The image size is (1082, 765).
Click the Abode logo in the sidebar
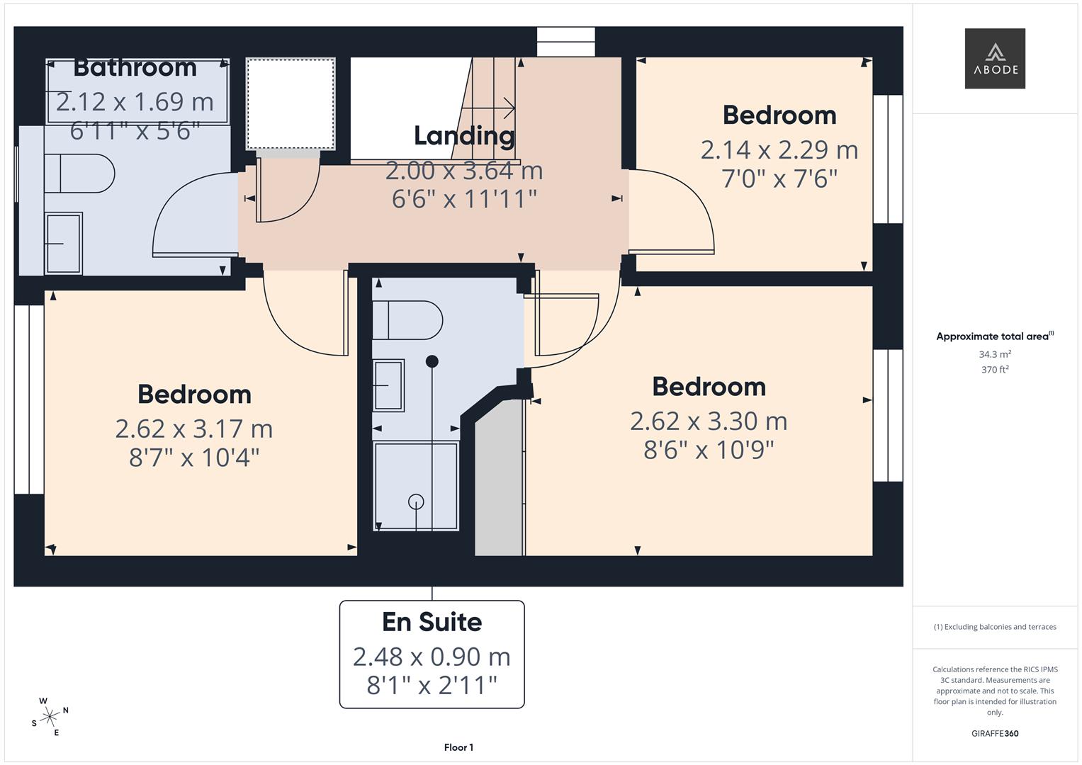coord(995,58)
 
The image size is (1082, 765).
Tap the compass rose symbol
coord(50,716)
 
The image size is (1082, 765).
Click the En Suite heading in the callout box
coord(432,622)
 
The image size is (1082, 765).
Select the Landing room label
coord(464,135)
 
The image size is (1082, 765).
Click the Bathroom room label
coord(135,67)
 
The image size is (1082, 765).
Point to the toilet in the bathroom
coord(79,174)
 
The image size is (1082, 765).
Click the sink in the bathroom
coord(63,243)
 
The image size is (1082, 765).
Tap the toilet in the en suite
coord(407,320)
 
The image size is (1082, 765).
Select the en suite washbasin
coord(388,385)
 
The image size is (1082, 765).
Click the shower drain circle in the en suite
coord(416,501)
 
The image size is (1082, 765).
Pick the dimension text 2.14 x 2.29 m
coord(779,150)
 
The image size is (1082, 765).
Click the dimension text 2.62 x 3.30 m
coord(709,421)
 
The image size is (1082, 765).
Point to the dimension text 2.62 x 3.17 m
coord(193,429)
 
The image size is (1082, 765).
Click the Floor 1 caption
coord(458,747)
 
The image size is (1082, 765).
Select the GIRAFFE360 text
coord(995,733)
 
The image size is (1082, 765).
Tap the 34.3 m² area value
coord(995,354)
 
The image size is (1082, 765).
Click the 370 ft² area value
coord(995,370)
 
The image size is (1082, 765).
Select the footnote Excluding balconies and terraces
coord(995,627)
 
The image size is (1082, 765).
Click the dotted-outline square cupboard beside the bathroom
coord(291,103)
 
